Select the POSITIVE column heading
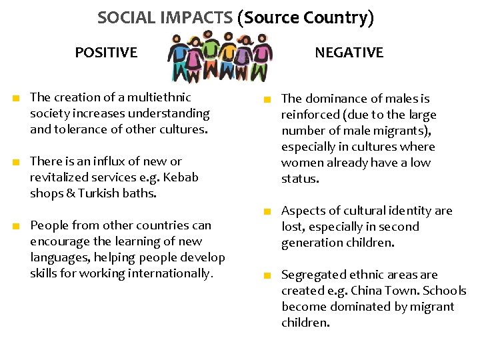click(x=106, y=52)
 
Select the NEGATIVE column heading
click(x=349, y=52)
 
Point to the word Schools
click(x=443, y=291)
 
